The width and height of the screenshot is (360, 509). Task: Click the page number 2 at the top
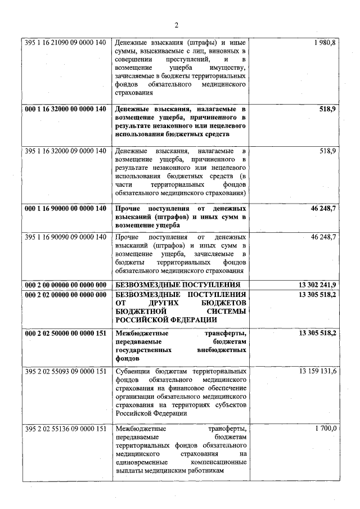(176, 25)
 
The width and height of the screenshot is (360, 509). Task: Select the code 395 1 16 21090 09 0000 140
(65, 43)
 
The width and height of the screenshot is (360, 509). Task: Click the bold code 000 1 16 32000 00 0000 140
(65, 109)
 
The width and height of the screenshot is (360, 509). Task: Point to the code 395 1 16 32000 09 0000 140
(65, 151)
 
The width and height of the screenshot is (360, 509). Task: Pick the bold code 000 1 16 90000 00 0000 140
(65, 209)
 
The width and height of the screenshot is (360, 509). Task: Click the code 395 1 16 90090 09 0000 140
(65, 237)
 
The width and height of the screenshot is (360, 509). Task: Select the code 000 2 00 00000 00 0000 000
(65, 285)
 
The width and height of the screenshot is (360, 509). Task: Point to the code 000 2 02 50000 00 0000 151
(65, 334)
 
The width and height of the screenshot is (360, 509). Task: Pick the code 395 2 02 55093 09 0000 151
(65, 371)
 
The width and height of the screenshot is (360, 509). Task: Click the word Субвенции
(133, 371)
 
